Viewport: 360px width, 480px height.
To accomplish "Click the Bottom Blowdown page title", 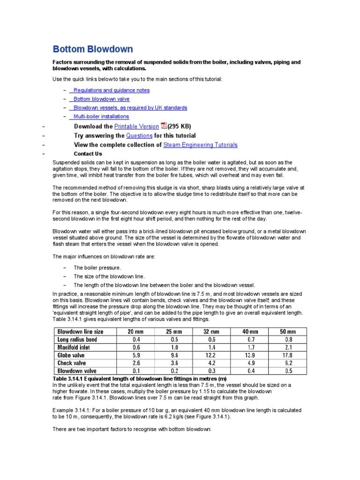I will click(x=92, y=49).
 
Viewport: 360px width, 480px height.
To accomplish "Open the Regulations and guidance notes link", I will click(x=112, y=90).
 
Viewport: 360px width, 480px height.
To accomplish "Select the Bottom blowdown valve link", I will click(x=101, y=99).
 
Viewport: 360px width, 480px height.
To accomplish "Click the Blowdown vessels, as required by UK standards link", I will click(x=130, y=108).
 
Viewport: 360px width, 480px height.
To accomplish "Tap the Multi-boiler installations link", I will click(x=101, y=116).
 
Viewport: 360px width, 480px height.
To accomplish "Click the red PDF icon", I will click(x=164, y=126).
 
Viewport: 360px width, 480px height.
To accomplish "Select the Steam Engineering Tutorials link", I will click(x=200, y=145).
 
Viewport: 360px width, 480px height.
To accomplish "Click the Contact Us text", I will click(x=88, y=154).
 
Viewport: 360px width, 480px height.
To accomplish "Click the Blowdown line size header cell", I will click(x=80, y=331).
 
